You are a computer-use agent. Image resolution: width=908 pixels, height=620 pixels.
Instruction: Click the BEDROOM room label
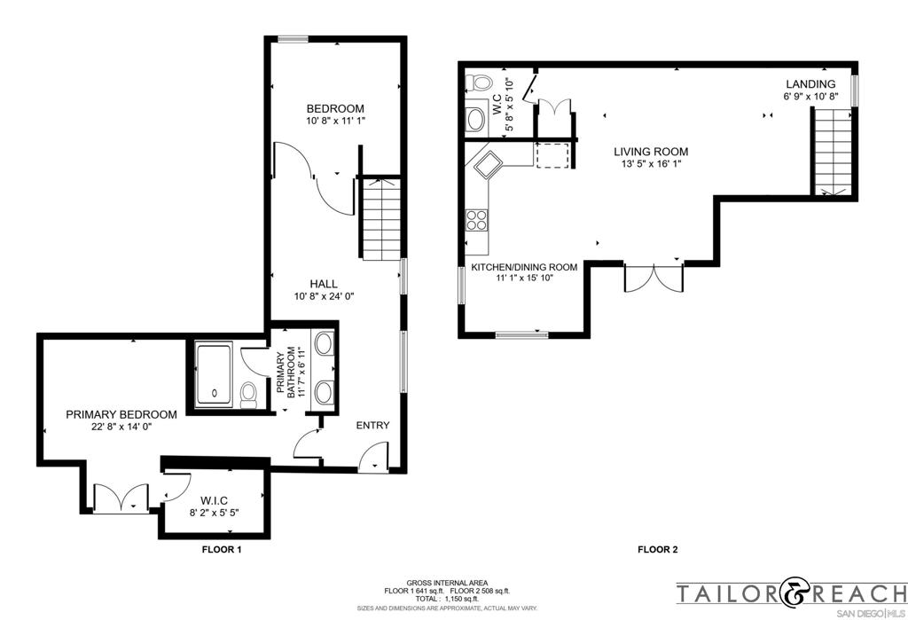coord(335,108)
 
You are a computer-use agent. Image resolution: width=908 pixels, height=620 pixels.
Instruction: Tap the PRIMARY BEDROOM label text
coord(121,414)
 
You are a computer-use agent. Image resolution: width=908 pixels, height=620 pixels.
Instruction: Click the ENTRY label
coord(372,426)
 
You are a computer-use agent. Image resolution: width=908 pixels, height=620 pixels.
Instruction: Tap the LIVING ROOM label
coord(651,152)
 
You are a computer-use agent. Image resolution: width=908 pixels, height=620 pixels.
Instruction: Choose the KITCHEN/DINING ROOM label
coord(524,267)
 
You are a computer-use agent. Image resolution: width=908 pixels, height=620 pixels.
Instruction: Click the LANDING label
coord(809,84)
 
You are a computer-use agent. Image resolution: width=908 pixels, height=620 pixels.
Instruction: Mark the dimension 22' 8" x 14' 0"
coord(121,427)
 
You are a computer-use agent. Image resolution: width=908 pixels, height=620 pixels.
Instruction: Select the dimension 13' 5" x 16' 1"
coord(651,164)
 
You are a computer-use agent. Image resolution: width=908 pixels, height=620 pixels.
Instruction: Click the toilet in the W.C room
coord(480,83)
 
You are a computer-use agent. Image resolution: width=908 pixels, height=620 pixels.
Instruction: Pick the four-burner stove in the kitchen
coord(477,218)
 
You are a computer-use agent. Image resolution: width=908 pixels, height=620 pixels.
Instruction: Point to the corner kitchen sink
coord(489,164)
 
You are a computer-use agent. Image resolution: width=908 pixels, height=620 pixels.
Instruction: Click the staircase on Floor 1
coord(382,217)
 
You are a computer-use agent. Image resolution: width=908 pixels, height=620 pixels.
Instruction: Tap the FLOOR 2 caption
coord(658,550)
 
